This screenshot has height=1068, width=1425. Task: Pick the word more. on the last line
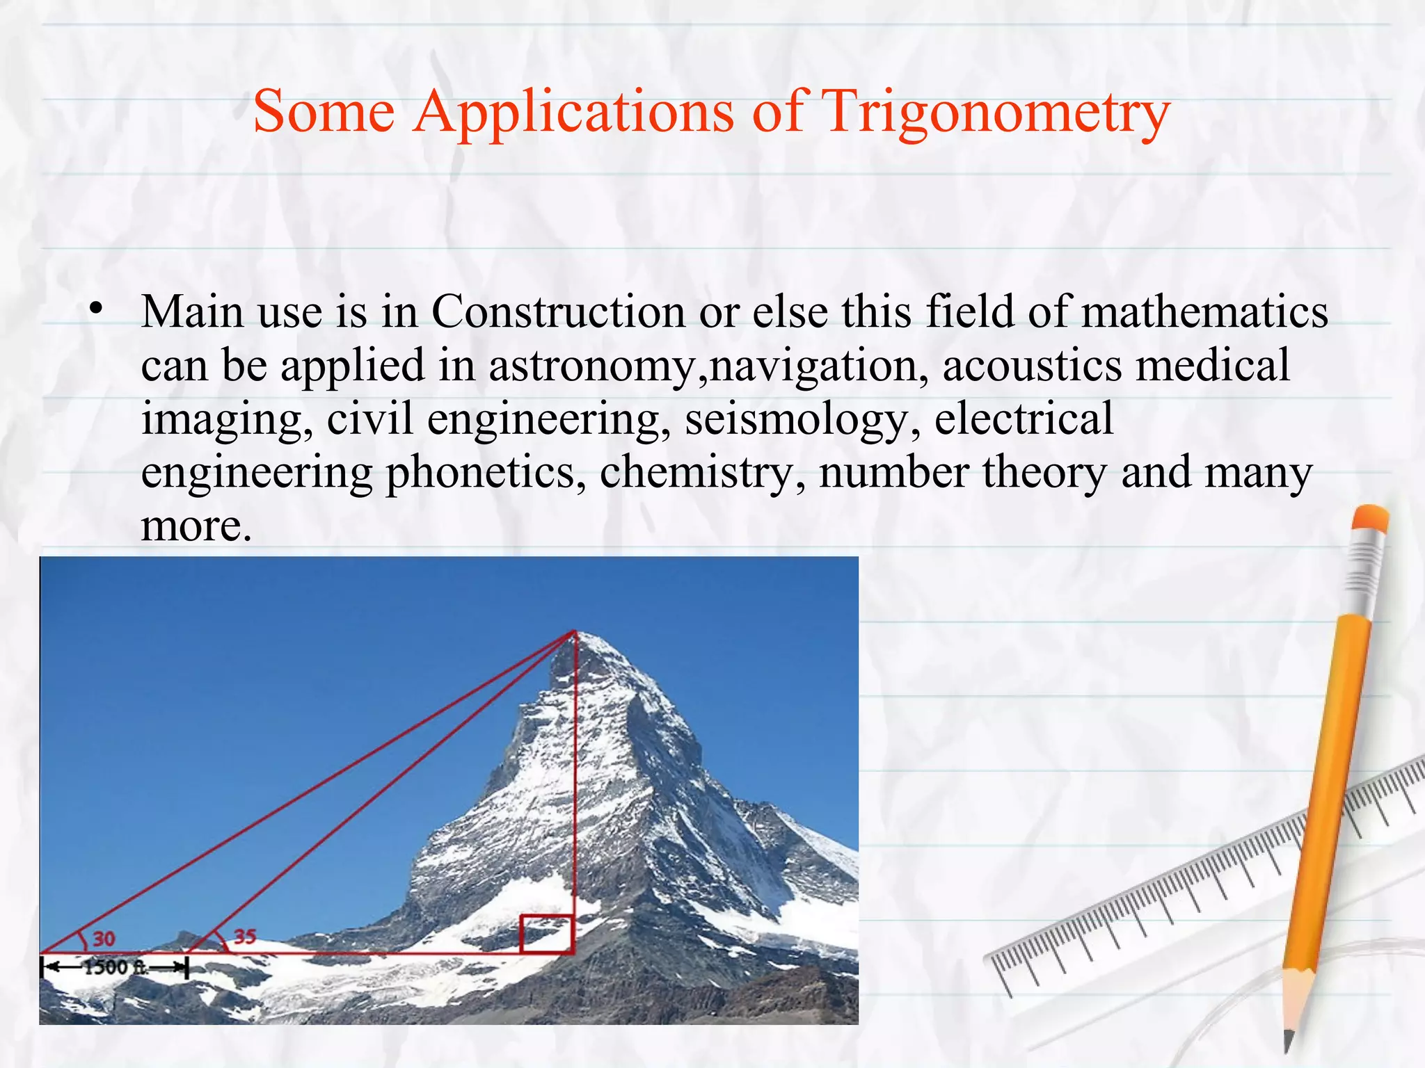[196, 526]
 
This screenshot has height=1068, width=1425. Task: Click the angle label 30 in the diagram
[104, 939]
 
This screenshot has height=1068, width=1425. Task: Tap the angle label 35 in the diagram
[245, 936]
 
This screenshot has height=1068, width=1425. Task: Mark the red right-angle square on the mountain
[547, 934]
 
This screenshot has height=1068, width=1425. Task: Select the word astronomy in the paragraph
[591, 365]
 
